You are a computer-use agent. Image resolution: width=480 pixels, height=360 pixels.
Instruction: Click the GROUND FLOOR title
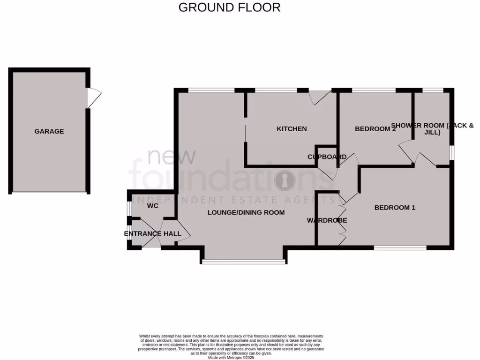click(230, 7)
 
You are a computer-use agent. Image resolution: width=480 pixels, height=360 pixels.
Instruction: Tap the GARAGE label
click(49, 132)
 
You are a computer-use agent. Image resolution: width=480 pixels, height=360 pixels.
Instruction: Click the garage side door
click(94, 98)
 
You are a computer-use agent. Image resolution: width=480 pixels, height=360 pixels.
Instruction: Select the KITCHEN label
click(292, 129)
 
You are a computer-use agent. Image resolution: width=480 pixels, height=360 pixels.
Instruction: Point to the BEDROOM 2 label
click(375, 129)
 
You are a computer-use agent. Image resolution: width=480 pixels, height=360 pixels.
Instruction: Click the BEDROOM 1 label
click(395, 207)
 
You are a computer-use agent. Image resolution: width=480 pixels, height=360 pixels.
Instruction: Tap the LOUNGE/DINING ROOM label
click(246, 212)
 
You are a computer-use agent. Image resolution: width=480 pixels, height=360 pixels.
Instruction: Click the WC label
click(152, 206)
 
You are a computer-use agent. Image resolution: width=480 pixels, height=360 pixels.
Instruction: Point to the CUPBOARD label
click(327, 157)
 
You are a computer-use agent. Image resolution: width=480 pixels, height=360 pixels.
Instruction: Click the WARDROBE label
click(327, 220)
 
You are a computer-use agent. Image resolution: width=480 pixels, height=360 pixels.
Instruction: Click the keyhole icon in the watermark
click(284, 180)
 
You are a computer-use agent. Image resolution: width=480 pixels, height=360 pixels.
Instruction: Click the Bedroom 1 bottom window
click(400, 248)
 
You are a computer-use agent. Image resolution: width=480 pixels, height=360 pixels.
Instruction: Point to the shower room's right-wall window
click(452, 152)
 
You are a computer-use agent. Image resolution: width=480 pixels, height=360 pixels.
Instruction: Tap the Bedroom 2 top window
click(374, 90)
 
